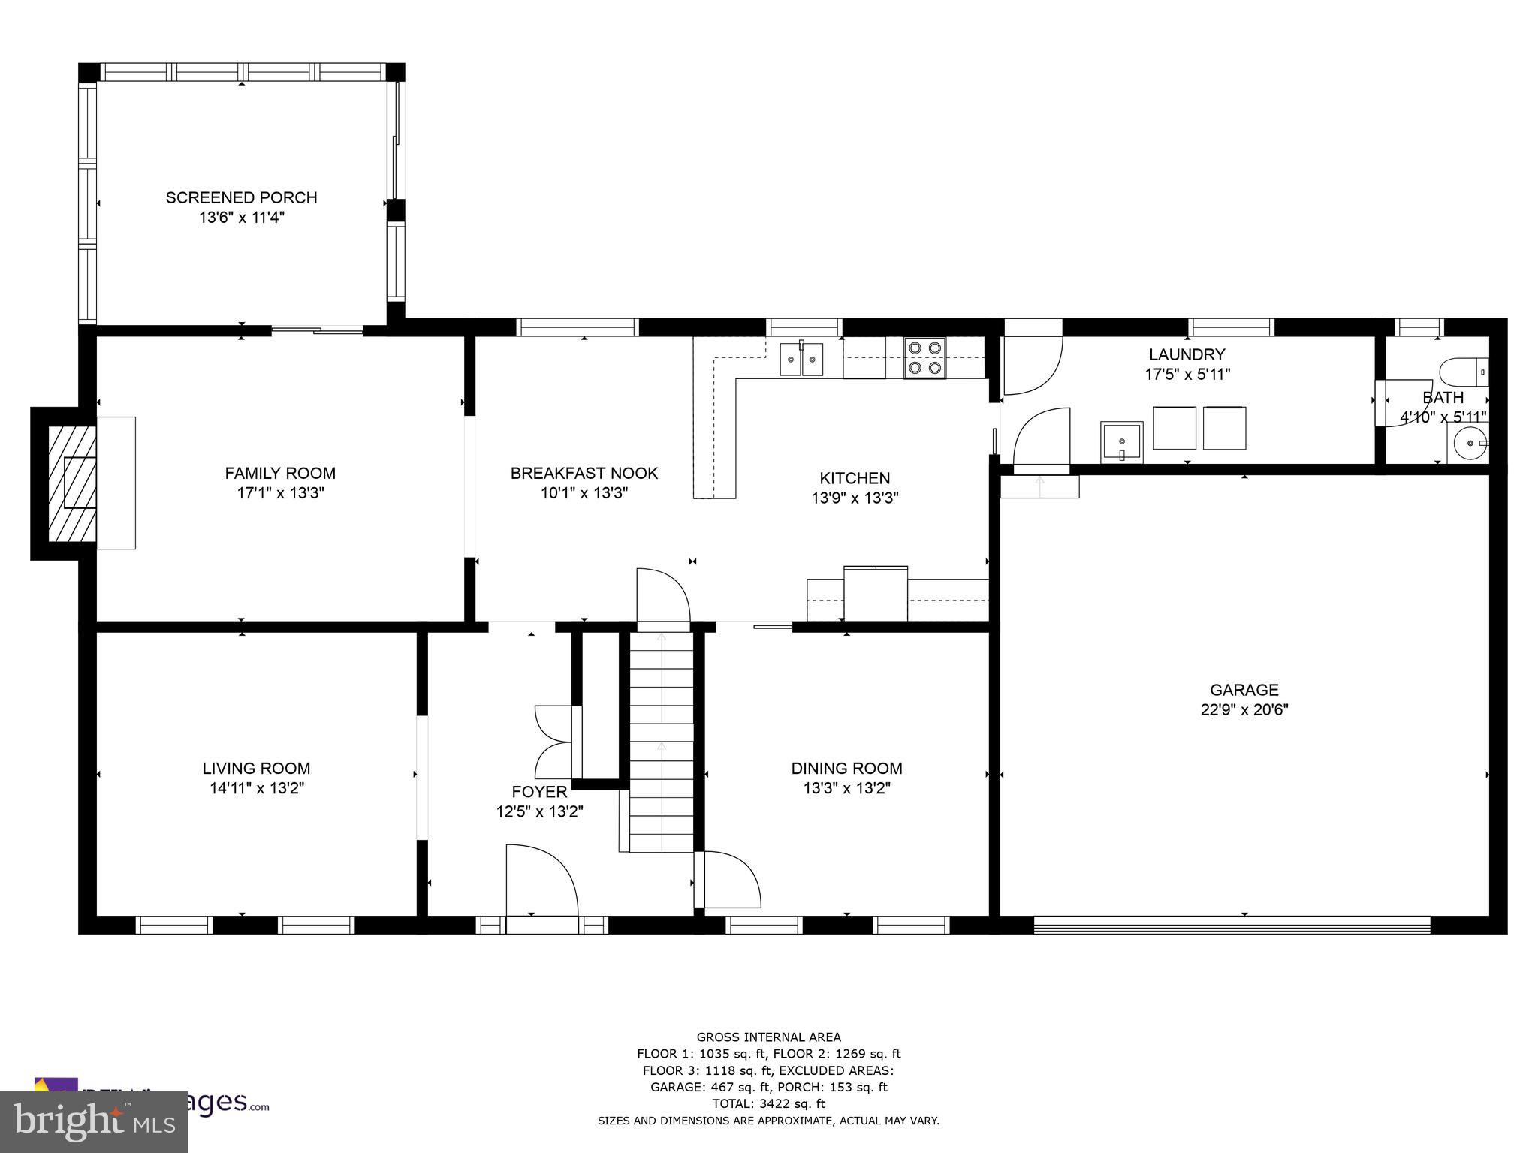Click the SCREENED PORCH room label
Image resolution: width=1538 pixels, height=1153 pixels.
pos(241,197)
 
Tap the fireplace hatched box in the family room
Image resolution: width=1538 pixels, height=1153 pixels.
pos(73,483)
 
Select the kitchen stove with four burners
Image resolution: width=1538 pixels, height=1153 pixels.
pos(924,358)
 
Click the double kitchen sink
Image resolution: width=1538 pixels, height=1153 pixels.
pos(801,358)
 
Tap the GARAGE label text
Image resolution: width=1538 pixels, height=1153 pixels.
pos(1244,689)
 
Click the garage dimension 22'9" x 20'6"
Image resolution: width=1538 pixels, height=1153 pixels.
pos(1244,709)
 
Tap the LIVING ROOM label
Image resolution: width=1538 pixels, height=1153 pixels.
pos(256,768)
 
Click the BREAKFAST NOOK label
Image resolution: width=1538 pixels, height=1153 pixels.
pos(584,473)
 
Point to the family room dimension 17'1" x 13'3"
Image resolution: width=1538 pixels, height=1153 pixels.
pos(279,493)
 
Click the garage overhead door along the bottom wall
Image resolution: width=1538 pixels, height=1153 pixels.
pos(1232,924)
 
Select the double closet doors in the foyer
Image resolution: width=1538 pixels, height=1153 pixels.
pos(553,742)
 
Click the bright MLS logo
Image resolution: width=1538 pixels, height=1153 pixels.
pos(93,1121)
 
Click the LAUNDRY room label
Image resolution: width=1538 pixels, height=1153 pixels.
pos(1187,354)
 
